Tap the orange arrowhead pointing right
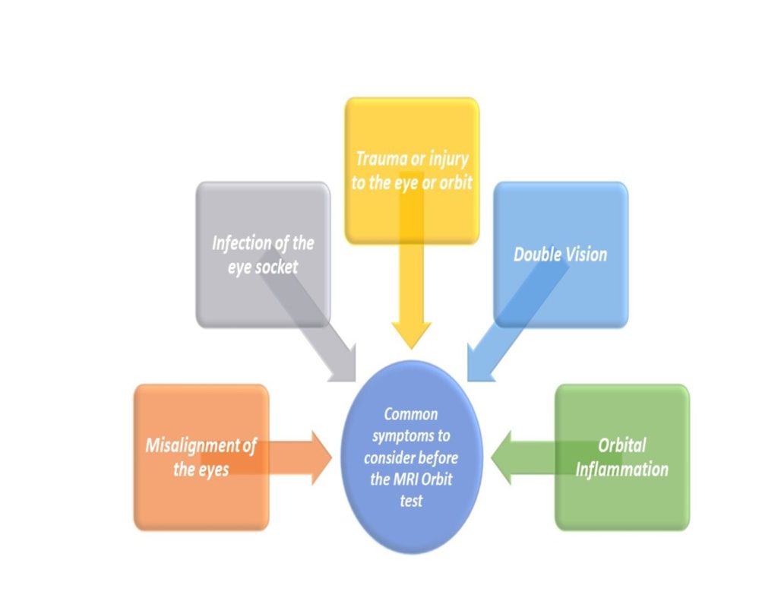click(x=321, y=457)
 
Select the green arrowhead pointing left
click(x=501, y=457)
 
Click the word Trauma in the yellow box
click(x=381, y=159)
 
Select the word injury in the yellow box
click(x=448, y=160)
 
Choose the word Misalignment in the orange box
click(x=193, y=446)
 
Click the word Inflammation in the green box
click(x=621, y=470)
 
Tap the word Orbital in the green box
click(x=622, y=445)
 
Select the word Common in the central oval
click(x=411, y=414)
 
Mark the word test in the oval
click(x=411, y=501)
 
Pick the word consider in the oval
click(x=390, y=457)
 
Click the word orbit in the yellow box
click(x=456, y=183)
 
